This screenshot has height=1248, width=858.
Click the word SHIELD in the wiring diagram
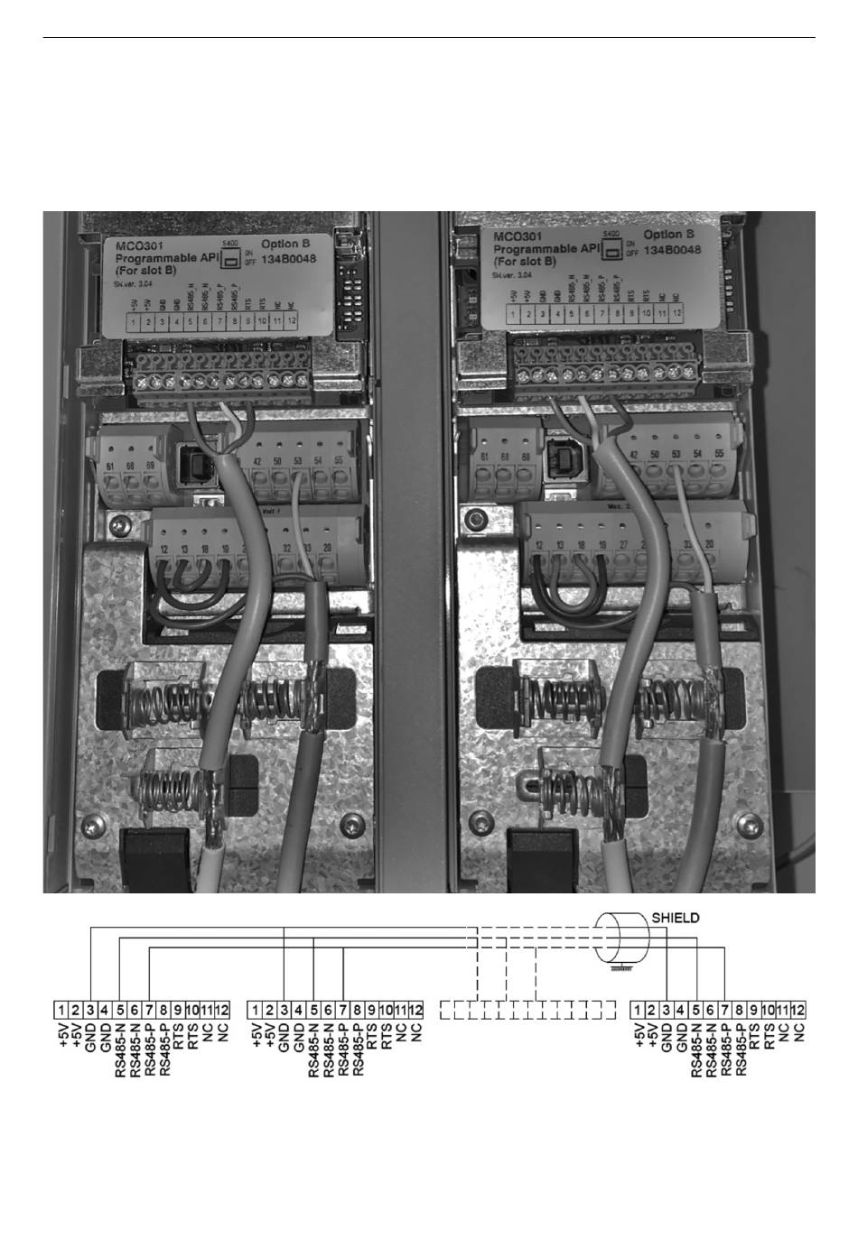point(676,918)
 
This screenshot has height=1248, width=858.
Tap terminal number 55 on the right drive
point(719,453)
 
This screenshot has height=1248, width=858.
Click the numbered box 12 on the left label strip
point(291,320)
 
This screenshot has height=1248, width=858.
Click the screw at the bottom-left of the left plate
point(92,826)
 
